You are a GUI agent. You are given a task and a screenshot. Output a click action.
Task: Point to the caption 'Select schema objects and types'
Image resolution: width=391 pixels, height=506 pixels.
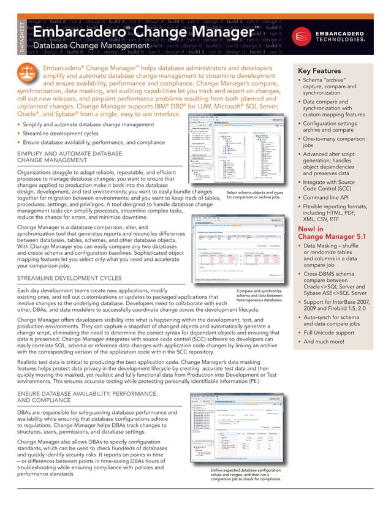[x=254, y=192]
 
